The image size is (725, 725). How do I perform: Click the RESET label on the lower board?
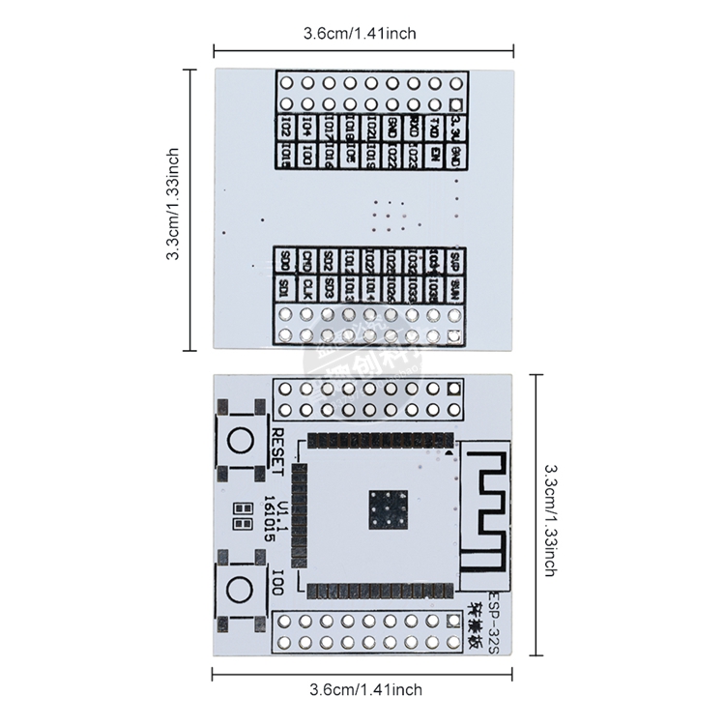pyautogui.click(x=278, y=450)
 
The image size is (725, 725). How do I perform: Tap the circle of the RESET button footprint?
pyautogui.click(x=238, y=442)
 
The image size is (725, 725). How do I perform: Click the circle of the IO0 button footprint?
pyautogui.click(x=238, y=587)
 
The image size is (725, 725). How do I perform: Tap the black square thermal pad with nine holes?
pyautogui.click(x=388, y=508)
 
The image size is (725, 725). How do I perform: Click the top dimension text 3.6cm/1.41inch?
pyautogui.click(x=360, y=33)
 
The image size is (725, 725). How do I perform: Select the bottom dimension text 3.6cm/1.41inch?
pyautogui.click(x=365, y=689)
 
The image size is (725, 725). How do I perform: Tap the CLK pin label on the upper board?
pyautogui.click(x=306, y=287)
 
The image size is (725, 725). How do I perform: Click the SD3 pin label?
pyautogui.click(x=329, y=287)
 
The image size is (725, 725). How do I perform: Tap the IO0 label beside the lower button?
pyautogui.click(x=278, y=585)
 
